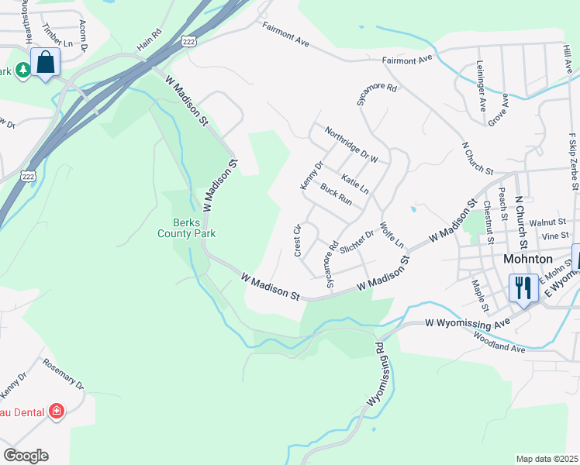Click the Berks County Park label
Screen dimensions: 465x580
[x=186, y=226]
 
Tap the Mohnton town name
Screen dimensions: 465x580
[x=527, y=259]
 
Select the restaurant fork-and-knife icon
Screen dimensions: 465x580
[x=523, y=288]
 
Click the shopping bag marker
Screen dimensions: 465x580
[x=46, y=62]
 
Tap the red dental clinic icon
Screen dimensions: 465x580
[x=56, y=411]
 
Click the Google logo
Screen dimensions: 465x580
[x=26, y=456]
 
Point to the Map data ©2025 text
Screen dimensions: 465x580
[x=547, y=459]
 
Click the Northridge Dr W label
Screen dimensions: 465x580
[x=350, y=145]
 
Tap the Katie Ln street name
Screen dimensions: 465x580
[x=354, y=184]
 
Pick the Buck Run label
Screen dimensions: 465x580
[x=336, y=195]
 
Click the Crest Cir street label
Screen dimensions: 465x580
[x=297, y=240]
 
